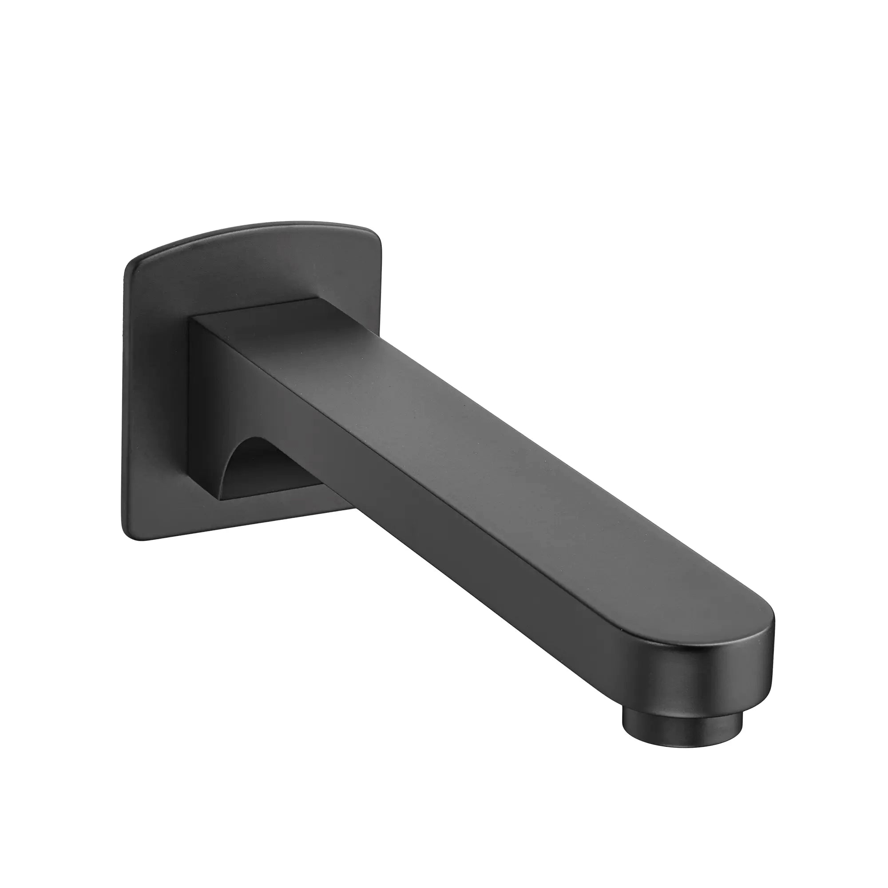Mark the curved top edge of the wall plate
258,230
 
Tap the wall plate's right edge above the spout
381,276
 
